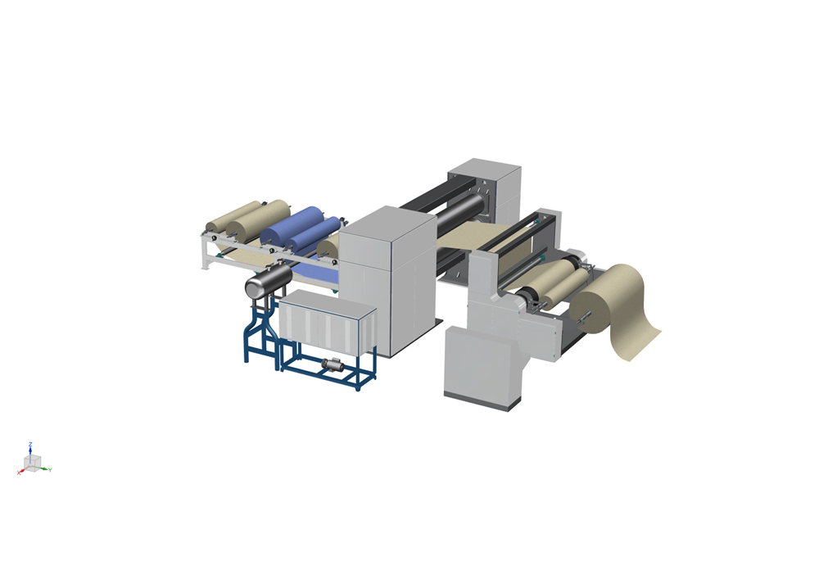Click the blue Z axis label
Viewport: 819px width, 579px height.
point(30,445)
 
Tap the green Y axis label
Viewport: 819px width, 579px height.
point(50,470)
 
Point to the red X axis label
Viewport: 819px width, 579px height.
point(19,473)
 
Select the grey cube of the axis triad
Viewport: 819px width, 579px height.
point(33,463)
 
